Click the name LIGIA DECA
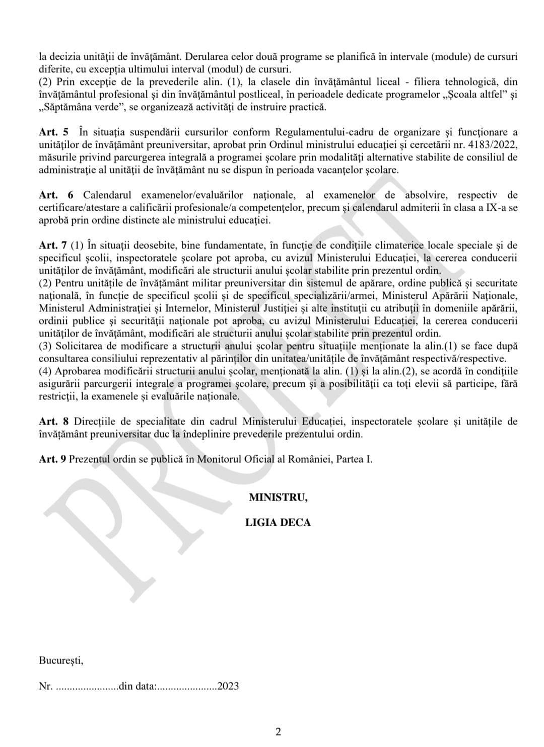pyautogui.click(x=278, y=522)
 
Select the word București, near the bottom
pyautogui.click(x=61, y=660)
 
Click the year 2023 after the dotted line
pyautogui.click(x=228, y=686)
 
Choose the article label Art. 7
pyautogui.click(x=53, y=245)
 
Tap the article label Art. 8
pyautogui.click(x=53, y=421)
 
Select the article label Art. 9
pyautogui.click(x=53, y=459)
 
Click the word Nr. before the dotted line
pyautogui.click(x=45, y=686)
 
